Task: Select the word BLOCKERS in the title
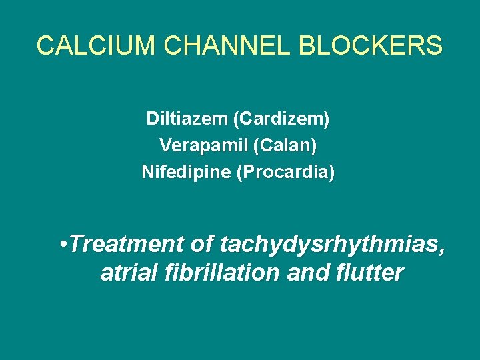pyautogui.click(x=371, y=46)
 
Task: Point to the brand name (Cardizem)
pyautogui.click(x=281, y=119)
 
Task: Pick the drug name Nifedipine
pyautogui.click(x=186, y=172)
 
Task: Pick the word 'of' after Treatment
pyautogui.click(x=202, y=245)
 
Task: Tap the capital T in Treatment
pyautogui.click(x=75, y=245)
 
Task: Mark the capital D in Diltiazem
pyautogui.click(x=152, y=119)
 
